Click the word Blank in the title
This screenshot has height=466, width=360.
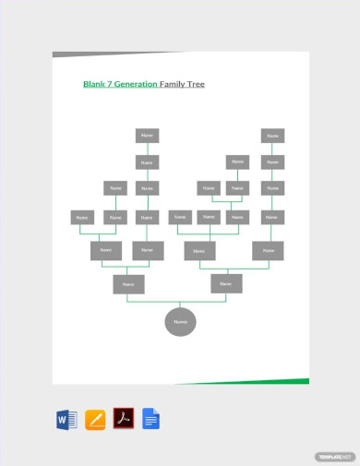coord(94,84)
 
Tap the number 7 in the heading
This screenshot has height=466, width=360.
coord(111,84)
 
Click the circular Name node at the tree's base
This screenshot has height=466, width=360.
coord(180,322)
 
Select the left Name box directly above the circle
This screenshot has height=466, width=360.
coord(128,284)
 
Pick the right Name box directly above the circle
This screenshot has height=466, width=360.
coord(226,284)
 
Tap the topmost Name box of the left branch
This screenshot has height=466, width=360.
coord(147,136)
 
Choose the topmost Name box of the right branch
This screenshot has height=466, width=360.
coord(271,136)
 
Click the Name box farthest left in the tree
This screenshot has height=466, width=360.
coord(82,218)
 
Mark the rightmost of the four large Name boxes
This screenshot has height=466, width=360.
coord(269,250)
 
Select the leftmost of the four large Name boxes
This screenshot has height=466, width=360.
coord(106,250)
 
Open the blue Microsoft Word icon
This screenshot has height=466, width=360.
coord(66,420)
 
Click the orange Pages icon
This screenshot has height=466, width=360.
coord(95,420)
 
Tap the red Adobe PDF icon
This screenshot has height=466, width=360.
coord(124,419)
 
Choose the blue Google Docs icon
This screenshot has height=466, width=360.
coord(151,420)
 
